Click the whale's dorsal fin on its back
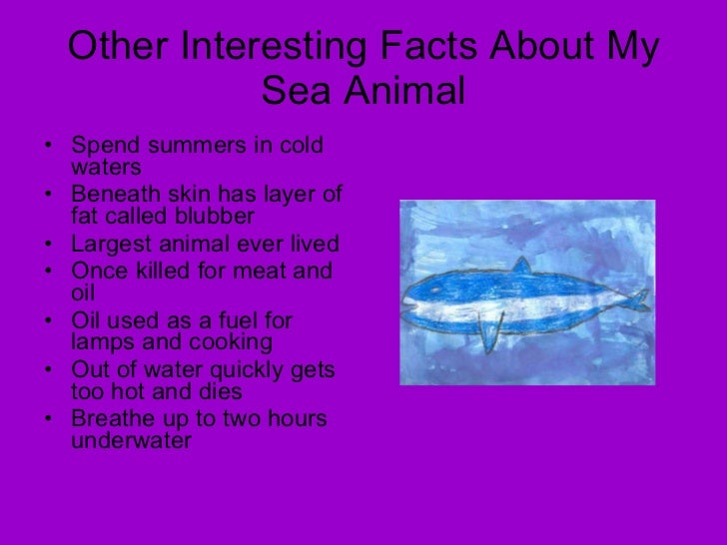[519, 266]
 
